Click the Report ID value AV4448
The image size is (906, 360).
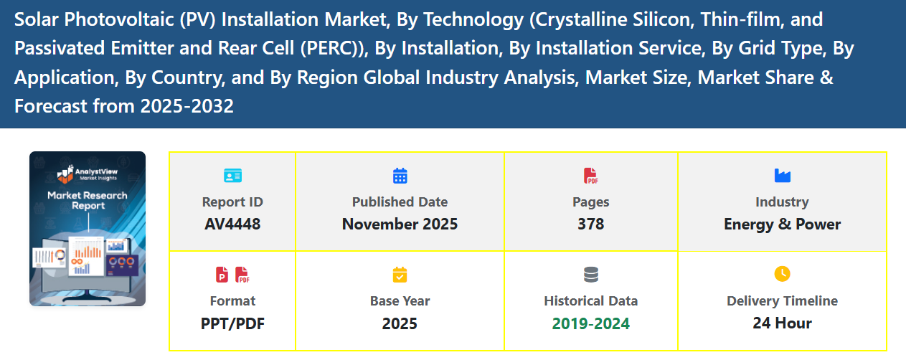[x=232, y=224]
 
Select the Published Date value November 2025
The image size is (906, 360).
[x=400, y=224]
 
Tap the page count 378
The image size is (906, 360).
[x=590, y=224]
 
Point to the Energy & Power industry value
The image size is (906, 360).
[x=782, y=224]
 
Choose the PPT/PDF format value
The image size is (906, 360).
[x=232, y=323]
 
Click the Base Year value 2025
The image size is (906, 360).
[x=400, y=323]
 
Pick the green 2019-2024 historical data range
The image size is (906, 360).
[x=590, y=323]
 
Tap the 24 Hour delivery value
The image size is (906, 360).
[x=782, y=323]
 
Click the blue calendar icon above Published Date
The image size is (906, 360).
[x=400, y=175]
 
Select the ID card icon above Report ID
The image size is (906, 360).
[x=232, y=175]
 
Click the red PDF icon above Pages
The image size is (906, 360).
[x=590, y=175]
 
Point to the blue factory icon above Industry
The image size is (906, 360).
[x=782, y=175]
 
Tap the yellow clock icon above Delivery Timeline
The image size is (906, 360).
[x=782, y=273]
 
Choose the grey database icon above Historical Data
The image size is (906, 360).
[x=590, y=274]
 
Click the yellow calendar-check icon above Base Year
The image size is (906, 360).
[x=400, y=274]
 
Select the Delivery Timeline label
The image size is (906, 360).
[x=782, y=300]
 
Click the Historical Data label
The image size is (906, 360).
[x=590, y=300]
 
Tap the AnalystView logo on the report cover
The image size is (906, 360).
[x=87, y=174]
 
